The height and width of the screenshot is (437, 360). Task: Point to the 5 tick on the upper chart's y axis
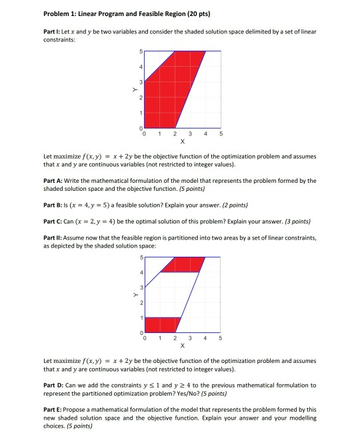click(x=141, y=51)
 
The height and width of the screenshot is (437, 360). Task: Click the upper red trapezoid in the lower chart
click(x=181, y=264)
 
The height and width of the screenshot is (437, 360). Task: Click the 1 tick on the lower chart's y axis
click(x=141, y=317)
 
